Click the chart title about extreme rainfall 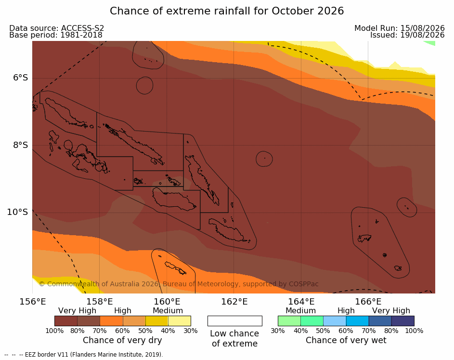pos(227,11)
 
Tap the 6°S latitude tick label pos(21,78)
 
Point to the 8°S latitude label pos(21,145)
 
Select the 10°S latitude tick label pos(18,212)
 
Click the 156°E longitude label pos(33,302)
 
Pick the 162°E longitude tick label pos(234,302)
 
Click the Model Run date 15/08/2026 pos(422,28)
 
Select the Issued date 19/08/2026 pos(422,35)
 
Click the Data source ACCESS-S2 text pos(57,28)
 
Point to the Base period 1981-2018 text pos(56,35)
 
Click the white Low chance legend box pos(235,321)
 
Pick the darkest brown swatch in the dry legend pos(66,321)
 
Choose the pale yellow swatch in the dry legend pos(180,321)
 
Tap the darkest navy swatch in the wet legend pos(403,321)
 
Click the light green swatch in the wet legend pos(289,321)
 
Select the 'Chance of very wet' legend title pos(346,340)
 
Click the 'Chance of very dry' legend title pos(122,340)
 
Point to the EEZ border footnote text pos(84,355)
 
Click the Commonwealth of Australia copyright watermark pos(179,284)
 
